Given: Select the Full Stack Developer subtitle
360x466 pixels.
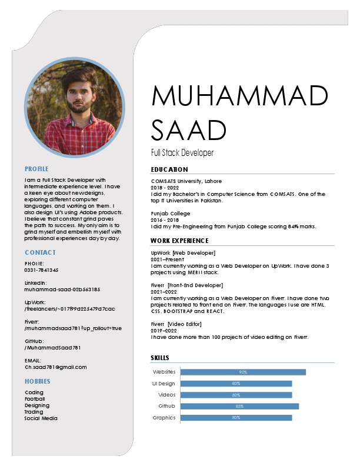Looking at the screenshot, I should (182, 153).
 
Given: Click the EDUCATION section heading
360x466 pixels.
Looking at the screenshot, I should (169, 169).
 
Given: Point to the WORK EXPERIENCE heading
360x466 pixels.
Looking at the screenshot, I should (179, 241).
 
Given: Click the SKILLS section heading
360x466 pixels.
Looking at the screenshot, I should (160, 358).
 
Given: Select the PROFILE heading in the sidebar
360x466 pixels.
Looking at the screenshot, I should (36, 169).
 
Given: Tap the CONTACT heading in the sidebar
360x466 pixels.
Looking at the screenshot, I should (40, 252).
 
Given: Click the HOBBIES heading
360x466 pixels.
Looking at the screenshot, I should (37, 381).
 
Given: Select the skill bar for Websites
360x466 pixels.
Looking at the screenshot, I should (243, 372).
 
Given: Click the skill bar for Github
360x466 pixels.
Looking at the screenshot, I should (239, 406).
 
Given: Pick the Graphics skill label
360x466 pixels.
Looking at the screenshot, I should (164, 418).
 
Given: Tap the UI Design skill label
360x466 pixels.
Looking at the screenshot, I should (164, 384).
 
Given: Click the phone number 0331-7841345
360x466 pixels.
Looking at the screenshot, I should (42, 270).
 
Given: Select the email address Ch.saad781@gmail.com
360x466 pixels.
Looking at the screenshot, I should (55, 367).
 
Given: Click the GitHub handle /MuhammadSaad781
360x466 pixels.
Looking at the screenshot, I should (52, 348).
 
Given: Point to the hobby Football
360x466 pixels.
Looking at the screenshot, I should (35, 399).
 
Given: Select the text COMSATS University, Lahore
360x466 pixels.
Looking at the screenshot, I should (186, 181).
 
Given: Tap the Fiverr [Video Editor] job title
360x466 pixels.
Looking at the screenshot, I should (176, 324).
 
